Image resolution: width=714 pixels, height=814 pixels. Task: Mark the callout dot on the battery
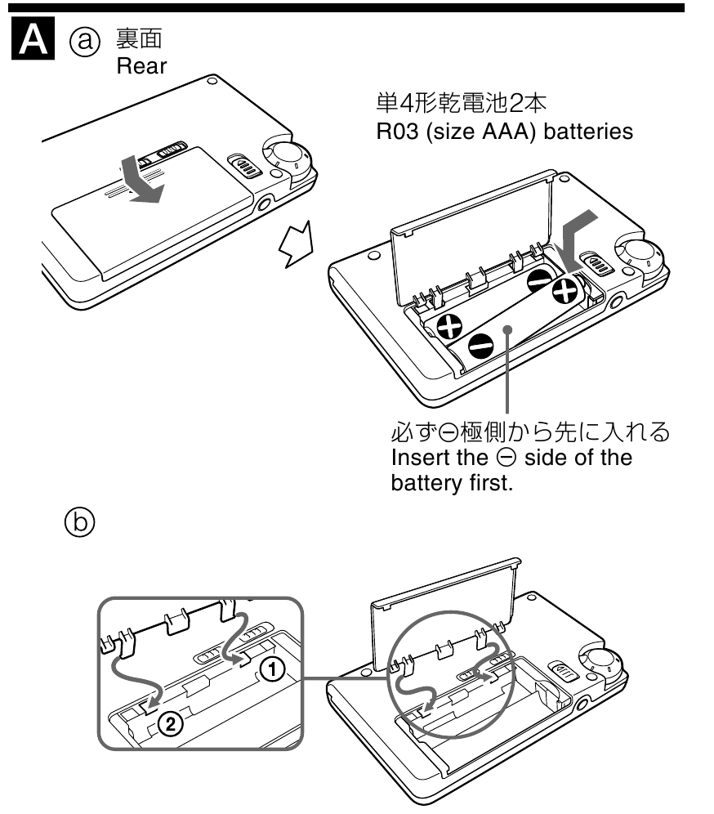[x=507, y=331]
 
